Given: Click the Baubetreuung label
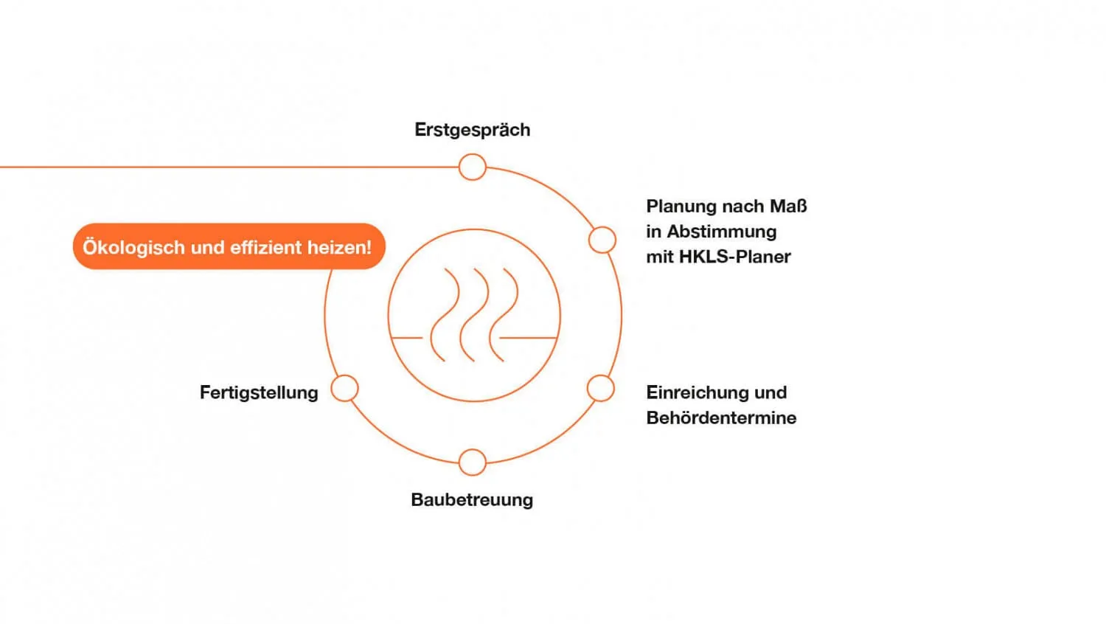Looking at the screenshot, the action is click(472, 500).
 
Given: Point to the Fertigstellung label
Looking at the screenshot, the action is click(260, 393).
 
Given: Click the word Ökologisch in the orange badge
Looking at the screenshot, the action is click(133, 248).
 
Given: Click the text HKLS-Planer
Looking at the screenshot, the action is click(734, 257).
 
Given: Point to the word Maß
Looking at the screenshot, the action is click(788, 207).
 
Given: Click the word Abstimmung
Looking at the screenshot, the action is click(722, 232).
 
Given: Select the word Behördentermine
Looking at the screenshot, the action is click(721, 418).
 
